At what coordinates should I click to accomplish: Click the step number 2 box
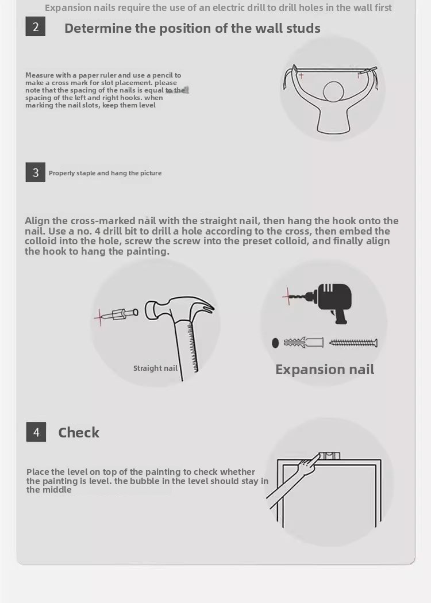(x=36, y=26)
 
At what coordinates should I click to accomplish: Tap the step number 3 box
(x=36, y=172)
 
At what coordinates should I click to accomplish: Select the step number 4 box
(x=36, y=432)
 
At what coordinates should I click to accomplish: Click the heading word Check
(x=79, y=433)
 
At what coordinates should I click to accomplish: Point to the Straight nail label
(x=155, y=368)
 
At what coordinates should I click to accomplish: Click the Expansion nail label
(x=325, y=369)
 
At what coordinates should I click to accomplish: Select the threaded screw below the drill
(x=353, y=343)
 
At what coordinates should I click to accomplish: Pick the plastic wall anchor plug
(x=303, y=342)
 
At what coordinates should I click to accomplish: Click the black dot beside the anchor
(x=275, y=343)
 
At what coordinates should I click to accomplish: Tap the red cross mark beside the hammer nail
(x=100, y=317)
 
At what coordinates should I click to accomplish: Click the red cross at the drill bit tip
(x=287, y=296)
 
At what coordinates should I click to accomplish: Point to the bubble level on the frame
(x=329, y=456)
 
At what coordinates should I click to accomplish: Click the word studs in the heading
(x=302, y=29)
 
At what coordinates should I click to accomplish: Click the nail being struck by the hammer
(x=120, y=315)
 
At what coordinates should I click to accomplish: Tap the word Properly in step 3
(x=62, y=173)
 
